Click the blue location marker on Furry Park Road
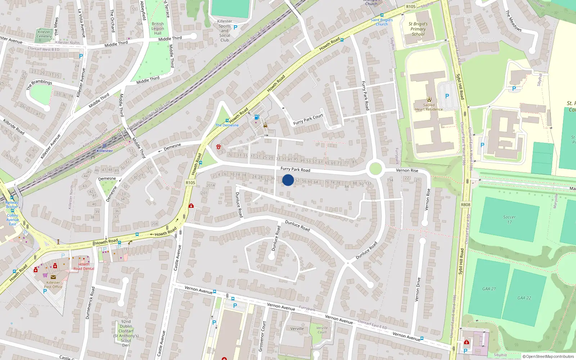coord(288,180)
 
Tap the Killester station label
coord(104,151)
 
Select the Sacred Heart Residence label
coord(429,107)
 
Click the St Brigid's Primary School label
coord(418,29)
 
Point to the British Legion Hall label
coord(158,28)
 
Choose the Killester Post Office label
coord(53,285)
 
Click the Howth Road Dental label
coord(84,266)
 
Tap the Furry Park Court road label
coord(308,119)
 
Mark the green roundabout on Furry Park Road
coord(375,168)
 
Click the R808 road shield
coord(465,204)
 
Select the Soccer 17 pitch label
coord(509,220)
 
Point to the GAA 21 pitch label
coord(489,289)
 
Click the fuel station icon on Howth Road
coord(257,117)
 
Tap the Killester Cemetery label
coord(44,34)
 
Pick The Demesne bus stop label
coord(227,125)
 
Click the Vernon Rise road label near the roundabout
coord(407,170)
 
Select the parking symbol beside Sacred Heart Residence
coord(447,96)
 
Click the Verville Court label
coord(322,330)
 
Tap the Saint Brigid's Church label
coord(382,22)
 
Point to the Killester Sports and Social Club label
coord(225,31)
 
